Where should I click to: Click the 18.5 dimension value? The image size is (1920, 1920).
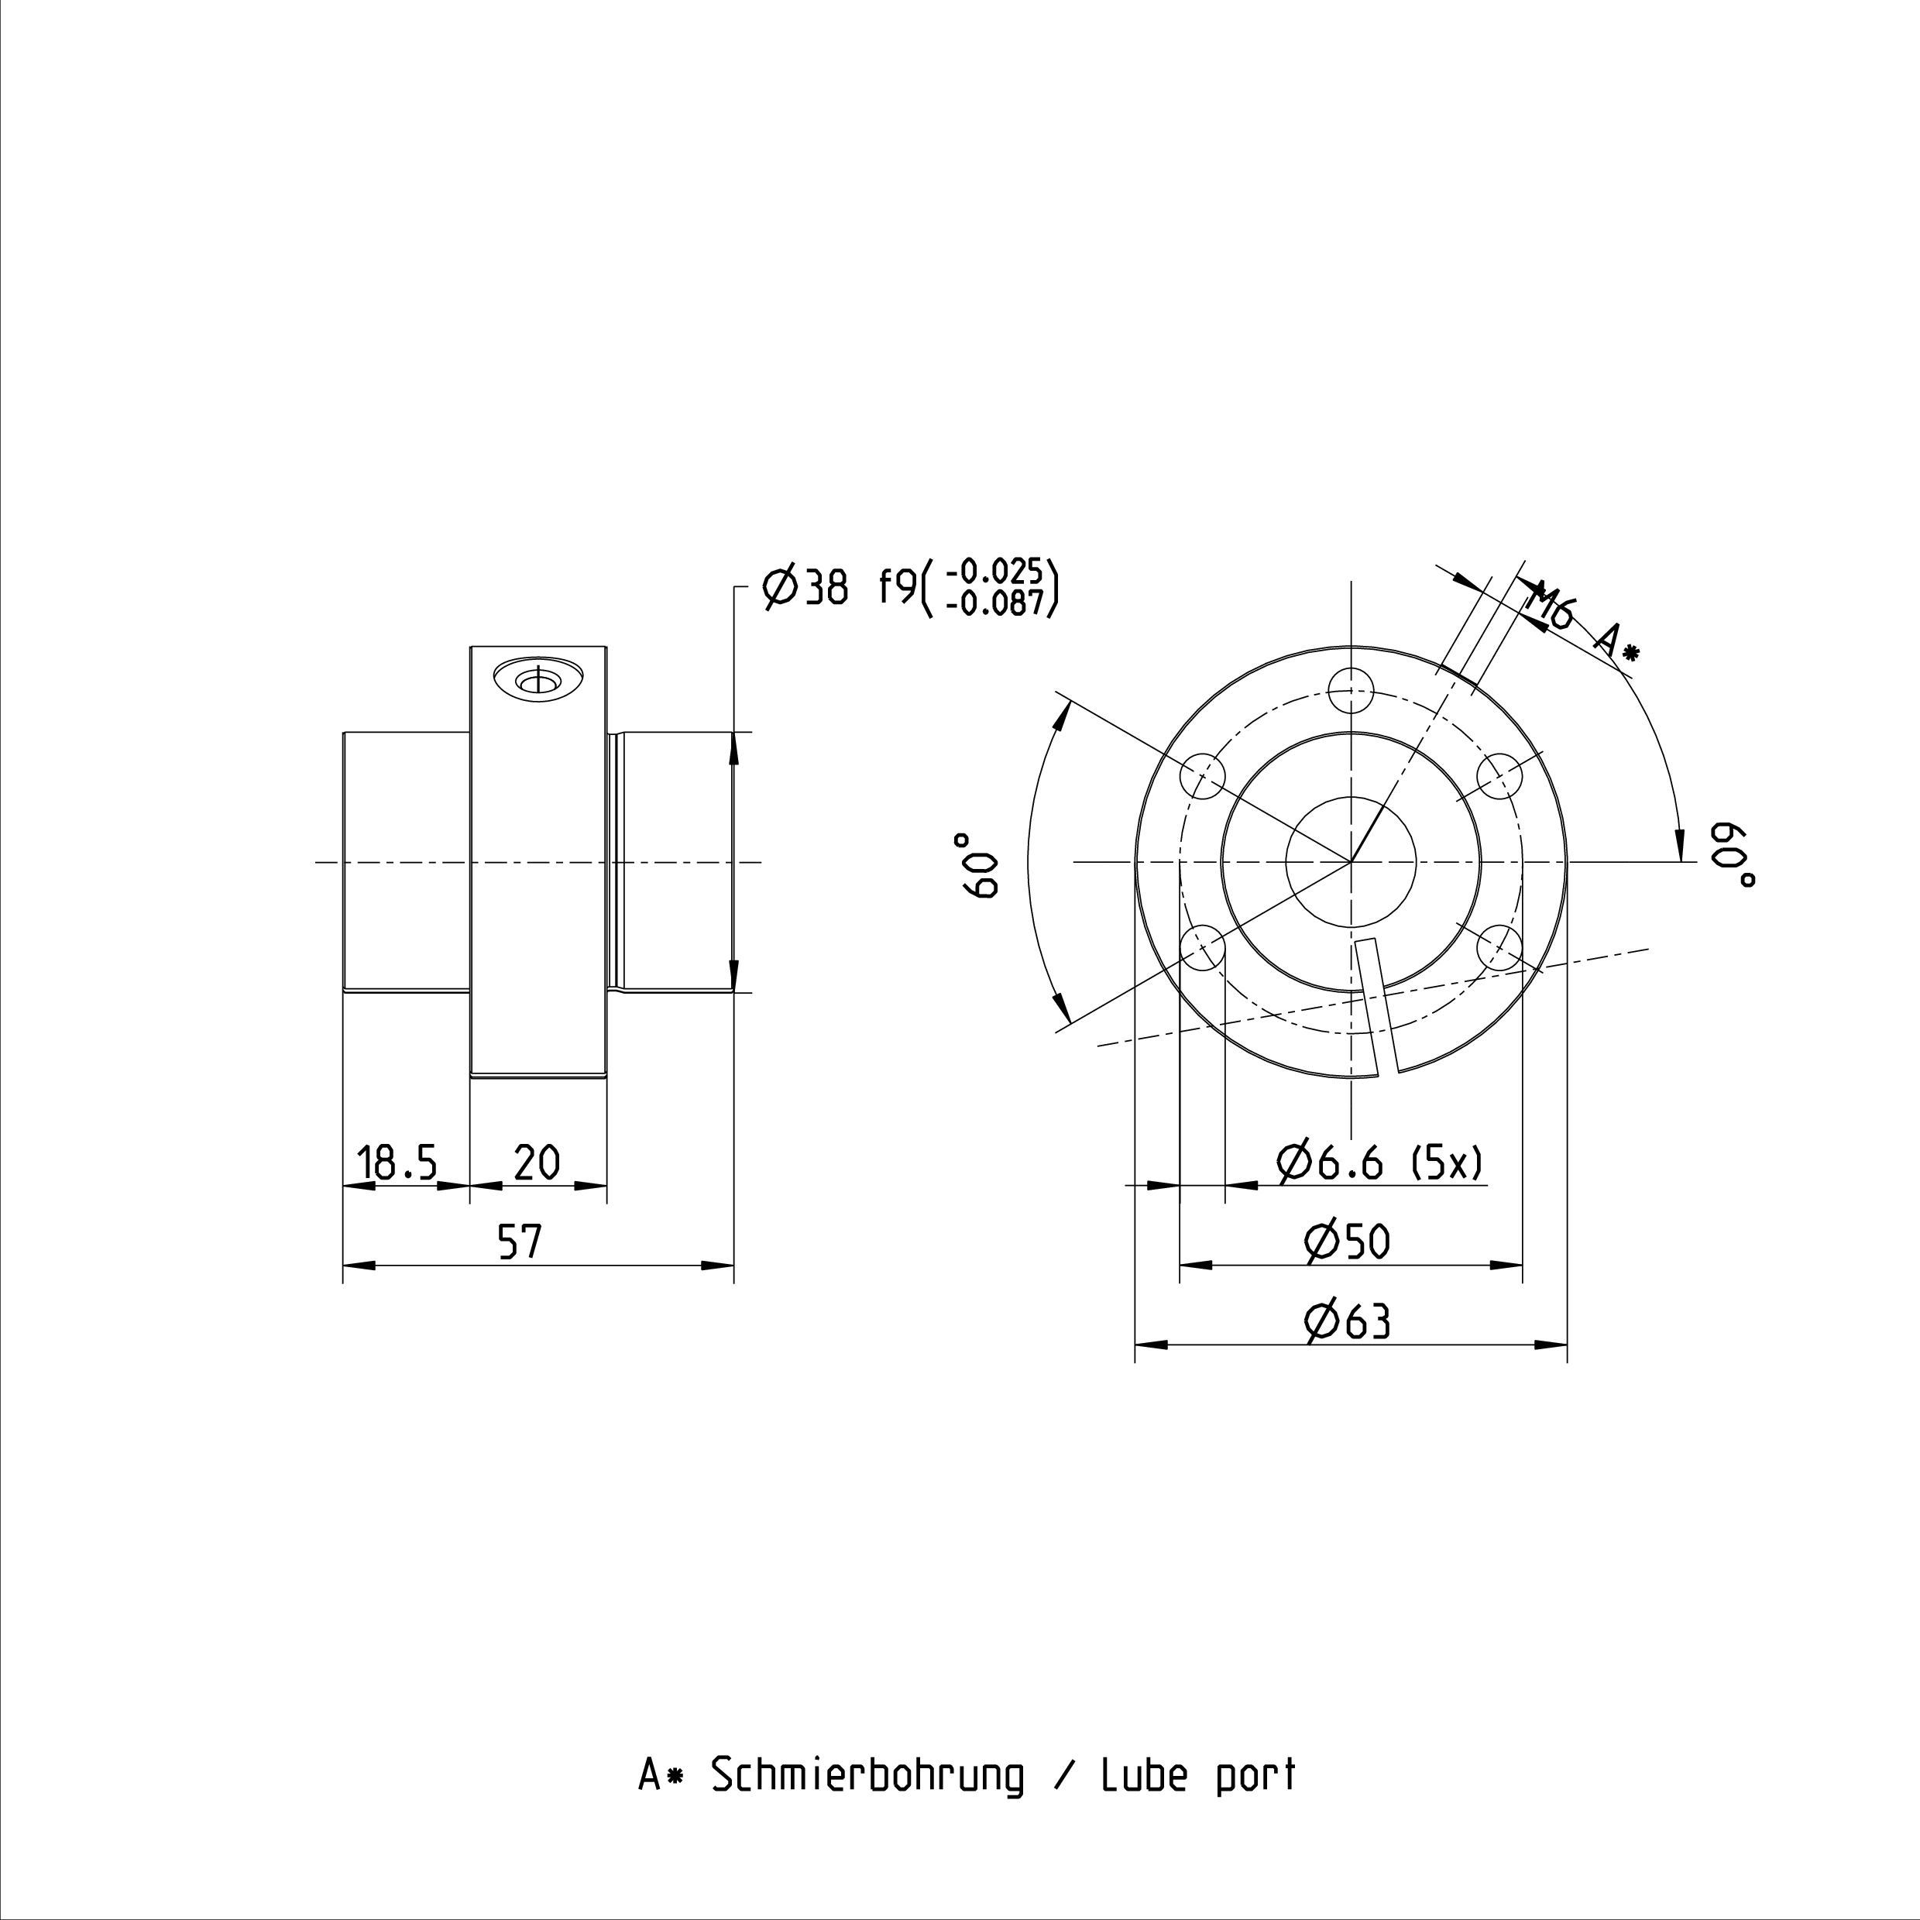(397, 1162)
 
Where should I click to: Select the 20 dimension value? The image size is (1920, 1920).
(537, 1162)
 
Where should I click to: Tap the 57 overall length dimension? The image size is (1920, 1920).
(520, 1242)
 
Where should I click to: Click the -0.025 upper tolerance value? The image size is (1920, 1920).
(994, 572)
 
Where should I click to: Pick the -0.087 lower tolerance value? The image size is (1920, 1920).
(994, 603)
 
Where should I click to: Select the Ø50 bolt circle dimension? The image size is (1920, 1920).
(1347, 1242)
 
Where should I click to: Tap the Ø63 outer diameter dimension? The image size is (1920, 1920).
(1347, 1322)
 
